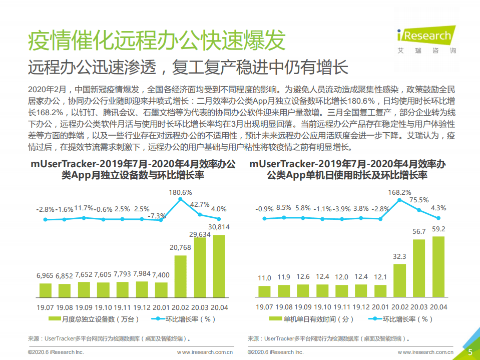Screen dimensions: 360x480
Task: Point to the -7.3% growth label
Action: [158, 216]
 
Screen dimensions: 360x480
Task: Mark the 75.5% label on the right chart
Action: [419, 200]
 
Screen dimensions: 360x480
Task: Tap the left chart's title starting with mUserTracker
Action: [132, 169]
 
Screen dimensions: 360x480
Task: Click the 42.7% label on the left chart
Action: [200, 204]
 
